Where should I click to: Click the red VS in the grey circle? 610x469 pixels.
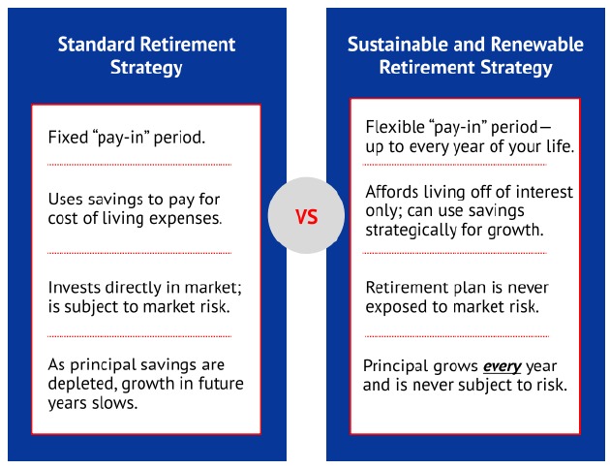(x=307, y=217)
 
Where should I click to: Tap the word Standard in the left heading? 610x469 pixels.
(x=96, y=45)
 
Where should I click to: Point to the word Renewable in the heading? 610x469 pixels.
(x=537, y=45)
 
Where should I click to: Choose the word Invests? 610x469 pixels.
(x=74, y=288)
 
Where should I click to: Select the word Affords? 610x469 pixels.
(x=392, y=192)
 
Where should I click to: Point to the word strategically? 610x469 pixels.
(x=411, y=231)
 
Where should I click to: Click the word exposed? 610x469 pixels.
(x=394, y=307)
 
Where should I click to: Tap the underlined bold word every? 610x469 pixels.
(x=502, y=366)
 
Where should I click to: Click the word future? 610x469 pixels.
(x=221, y=384)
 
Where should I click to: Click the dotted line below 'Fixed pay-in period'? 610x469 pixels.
(x=139, y=165)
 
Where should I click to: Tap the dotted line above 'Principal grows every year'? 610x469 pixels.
(x=457, y=336)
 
